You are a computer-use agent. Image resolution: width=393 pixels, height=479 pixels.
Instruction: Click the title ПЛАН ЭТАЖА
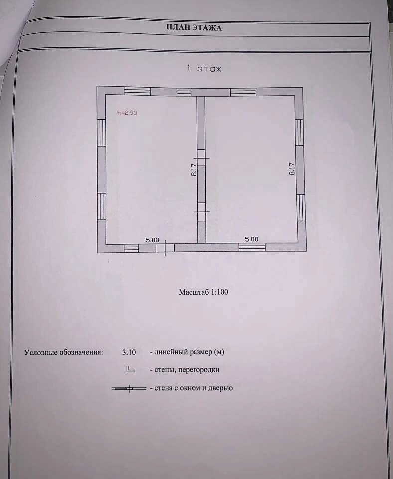click(194, 28)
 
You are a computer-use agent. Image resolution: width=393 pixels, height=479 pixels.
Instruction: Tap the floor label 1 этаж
click(203, 69)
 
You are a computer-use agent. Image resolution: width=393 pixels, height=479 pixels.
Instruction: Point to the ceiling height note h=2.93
click(127, 113)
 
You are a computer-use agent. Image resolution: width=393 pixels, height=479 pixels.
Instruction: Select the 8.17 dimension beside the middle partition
click(194, 170)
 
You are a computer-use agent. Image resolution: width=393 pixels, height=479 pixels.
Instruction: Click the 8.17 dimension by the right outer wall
click(292, 169)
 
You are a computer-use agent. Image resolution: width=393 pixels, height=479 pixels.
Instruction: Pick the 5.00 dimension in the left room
click(152, 240)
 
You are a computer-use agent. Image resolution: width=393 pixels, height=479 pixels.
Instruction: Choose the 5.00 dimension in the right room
click(252, 239)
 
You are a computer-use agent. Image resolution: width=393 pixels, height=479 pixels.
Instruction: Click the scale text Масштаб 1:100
click(203, 292)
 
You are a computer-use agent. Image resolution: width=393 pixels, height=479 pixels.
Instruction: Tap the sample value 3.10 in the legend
click(129, 352)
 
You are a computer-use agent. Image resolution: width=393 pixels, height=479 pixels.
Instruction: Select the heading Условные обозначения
click(64, 352)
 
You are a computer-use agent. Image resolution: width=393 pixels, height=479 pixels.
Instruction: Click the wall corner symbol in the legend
click(130, 369)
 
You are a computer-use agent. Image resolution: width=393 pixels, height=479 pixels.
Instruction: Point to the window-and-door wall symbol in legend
click(129, 389)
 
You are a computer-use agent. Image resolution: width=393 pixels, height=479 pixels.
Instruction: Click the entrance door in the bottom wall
click(165, 248)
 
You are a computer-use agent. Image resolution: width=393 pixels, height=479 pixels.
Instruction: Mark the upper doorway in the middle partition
click(201, 158)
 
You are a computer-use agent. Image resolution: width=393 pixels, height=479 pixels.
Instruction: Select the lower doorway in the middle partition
click(201, 212)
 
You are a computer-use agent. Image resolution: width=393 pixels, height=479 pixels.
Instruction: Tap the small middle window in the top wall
click(184, 92)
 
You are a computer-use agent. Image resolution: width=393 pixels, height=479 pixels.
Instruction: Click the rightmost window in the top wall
click(243, 92)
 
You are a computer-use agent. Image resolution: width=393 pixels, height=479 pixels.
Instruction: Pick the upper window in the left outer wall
click(101, 133)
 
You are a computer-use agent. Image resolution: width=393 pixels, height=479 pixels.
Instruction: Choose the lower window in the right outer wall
click(301, 208)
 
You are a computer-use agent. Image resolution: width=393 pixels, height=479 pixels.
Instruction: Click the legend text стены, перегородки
click(187, 370)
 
